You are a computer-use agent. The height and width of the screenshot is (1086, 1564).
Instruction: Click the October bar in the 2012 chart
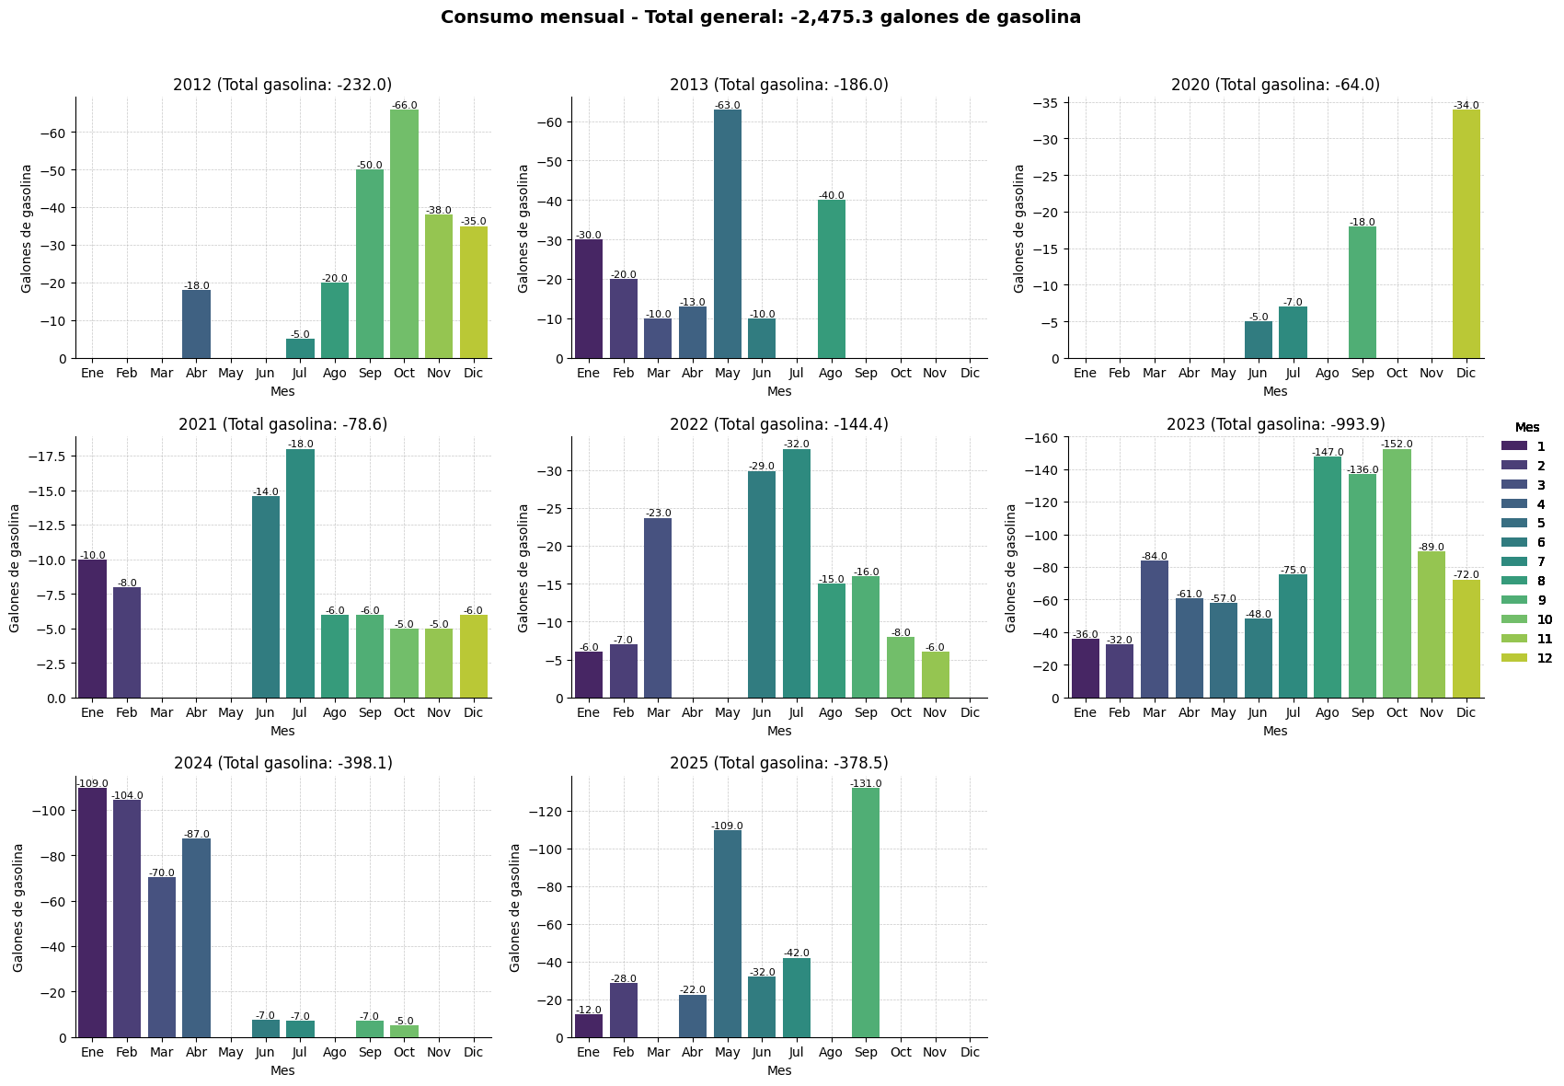pos(404,234)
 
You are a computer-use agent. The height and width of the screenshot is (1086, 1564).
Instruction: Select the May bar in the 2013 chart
pos(727,234)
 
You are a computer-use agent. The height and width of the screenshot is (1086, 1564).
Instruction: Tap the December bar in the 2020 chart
pos(1466,234)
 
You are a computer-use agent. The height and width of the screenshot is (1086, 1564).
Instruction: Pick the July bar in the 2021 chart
pos(300,573)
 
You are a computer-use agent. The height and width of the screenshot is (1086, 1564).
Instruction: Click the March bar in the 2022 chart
pos(658,608)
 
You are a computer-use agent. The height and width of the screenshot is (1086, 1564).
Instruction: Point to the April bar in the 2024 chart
pos(196,938)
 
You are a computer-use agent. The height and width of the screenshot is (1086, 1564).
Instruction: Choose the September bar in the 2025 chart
pos(866,913)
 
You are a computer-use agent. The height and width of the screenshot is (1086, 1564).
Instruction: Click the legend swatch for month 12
pos(1514,657)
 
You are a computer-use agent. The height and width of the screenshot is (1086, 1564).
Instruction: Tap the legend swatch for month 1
pos(1514,445)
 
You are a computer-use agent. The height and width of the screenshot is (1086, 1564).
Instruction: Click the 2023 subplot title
pos(1276,424)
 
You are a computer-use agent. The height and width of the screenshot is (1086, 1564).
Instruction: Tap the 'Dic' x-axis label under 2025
pos(970,1053)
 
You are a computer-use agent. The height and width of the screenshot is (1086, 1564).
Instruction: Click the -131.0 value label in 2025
pos(866,783)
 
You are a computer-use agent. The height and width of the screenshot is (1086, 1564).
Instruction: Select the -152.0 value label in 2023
pos(1397,445)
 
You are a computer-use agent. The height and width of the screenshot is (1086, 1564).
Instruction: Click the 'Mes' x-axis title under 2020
pos(1275,391)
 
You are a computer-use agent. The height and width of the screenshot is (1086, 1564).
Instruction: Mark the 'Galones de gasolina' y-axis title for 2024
pos(18,907)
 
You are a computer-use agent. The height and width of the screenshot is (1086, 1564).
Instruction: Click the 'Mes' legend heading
pos(1528,427)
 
